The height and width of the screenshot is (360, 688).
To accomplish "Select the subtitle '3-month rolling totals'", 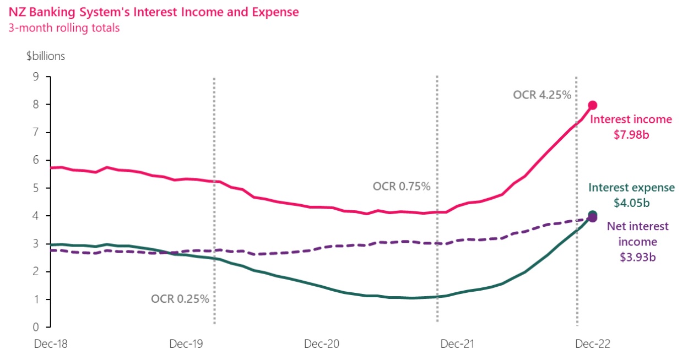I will click(x=63, y=28).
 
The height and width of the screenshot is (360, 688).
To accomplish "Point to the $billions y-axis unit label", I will click(x=46, y=56).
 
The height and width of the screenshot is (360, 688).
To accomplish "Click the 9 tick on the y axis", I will click(x=36, y=77).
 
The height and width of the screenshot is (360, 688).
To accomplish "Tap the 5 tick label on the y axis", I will click(x=36, y=188).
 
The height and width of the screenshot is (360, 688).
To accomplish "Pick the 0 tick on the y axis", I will click(x=36, y=328).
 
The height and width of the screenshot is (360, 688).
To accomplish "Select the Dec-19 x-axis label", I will click(x=186, y=344).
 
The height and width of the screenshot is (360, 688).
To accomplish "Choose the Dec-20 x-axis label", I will click(x=323, y=344).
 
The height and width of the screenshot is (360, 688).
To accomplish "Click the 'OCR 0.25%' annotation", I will click(x=180, y=299).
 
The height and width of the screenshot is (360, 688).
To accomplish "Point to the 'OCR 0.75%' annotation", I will click(x=401, y=187).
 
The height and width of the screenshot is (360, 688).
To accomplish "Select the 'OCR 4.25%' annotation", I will click(x=541, y=95).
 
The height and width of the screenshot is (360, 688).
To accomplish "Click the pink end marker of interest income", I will click(x=593, y=105).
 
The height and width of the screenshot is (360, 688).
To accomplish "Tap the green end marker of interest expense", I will click(x=592, y=215).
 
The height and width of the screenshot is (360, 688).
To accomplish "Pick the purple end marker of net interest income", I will click(x=592, y=219).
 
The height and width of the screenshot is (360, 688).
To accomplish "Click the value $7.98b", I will click(x=631, y=134).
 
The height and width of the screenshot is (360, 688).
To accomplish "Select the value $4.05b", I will click(x=631, y=203).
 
